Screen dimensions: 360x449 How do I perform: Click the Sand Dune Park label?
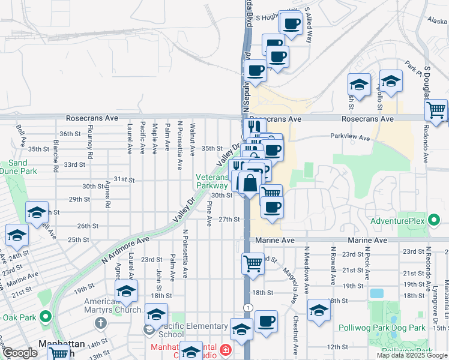pyautogui.click(x=17, y=167)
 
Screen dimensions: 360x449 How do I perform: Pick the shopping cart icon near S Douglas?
pyautogui.click(x=436, y=110)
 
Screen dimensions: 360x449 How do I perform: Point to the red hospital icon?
pyautogui.click(x=225, y=349)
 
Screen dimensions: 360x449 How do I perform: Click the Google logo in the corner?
pyautogui.click(x=20, y=353)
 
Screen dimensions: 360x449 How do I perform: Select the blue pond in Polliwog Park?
pyautogui.click(x=376, y=293)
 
